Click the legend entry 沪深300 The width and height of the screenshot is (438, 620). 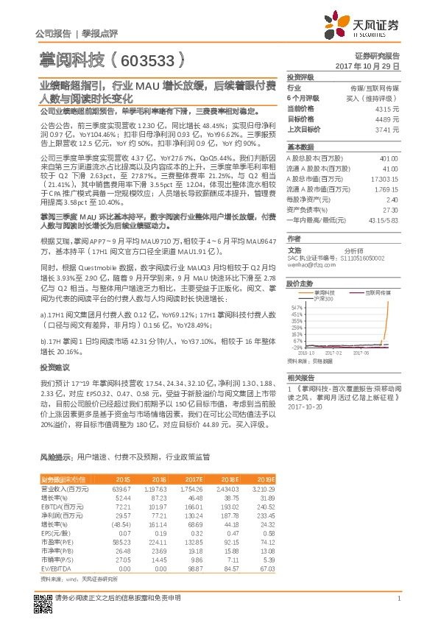click(323, 298)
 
